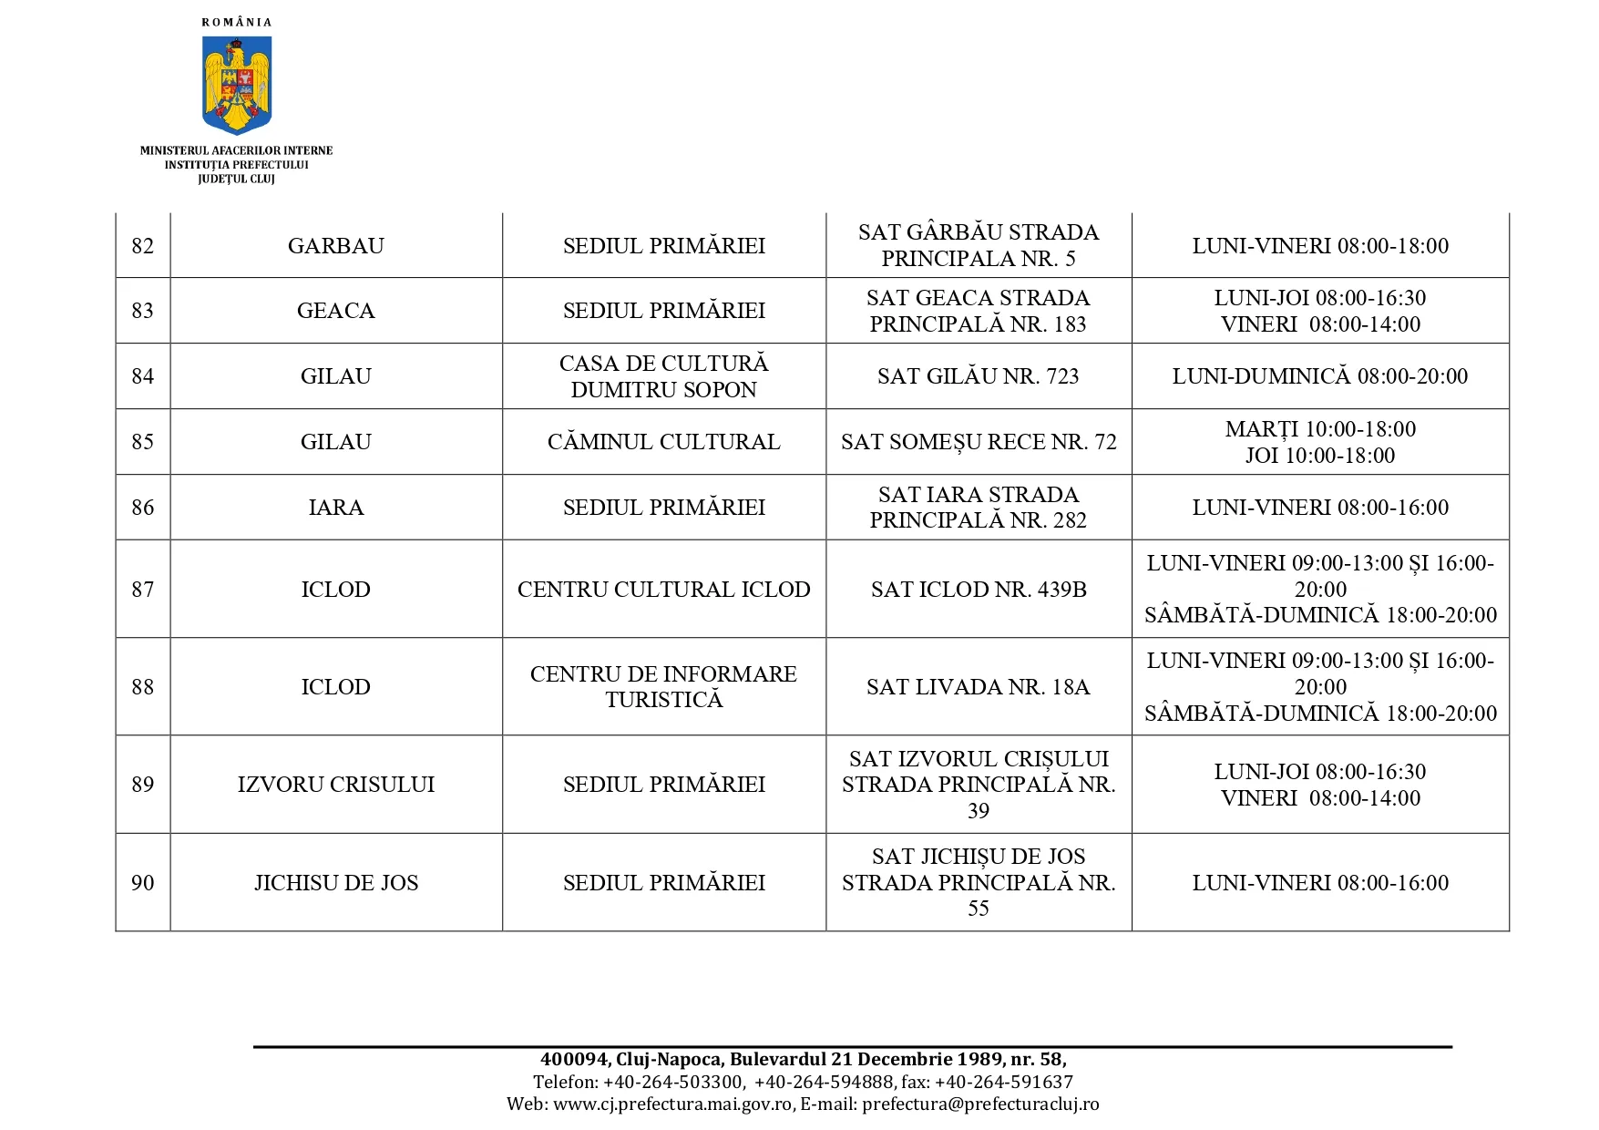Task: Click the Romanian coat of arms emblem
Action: pos(237,85)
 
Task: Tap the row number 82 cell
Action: pos(143,246)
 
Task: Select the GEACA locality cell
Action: pos(335,311)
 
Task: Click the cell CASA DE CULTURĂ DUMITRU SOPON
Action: pos(663,376)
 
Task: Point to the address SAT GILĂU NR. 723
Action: pos(978,376)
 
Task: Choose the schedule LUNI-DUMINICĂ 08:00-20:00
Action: pos(1319,376)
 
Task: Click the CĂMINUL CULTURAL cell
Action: pos(663,442)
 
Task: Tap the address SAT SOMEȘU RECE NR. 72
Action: pos(978,442)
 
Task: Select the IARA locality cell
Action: pos(335,508)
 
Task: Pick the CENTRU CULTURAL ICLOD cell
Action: pos(663,590)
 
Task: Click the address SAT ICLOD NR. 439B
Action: pos(978,590)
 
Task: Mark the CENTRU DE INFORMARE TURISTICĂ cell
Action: pos(663,686)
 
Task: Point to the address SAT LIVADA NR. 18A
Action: pos(978,687)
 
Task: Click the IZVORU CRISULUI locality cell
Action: pos(335,785)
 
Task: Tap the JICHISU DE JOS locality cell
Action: pos(335,883)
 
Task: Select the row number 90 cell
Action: pos(143,883)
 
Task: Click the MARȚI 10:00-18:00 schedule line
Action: pos(1319,429)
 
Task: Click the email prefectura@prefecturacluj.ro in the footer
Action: pos(980,1104)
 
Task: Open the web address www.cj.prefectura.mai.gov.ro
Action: pos(672,1104)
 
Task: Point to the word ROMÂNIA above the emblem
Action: pos(237,22)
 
